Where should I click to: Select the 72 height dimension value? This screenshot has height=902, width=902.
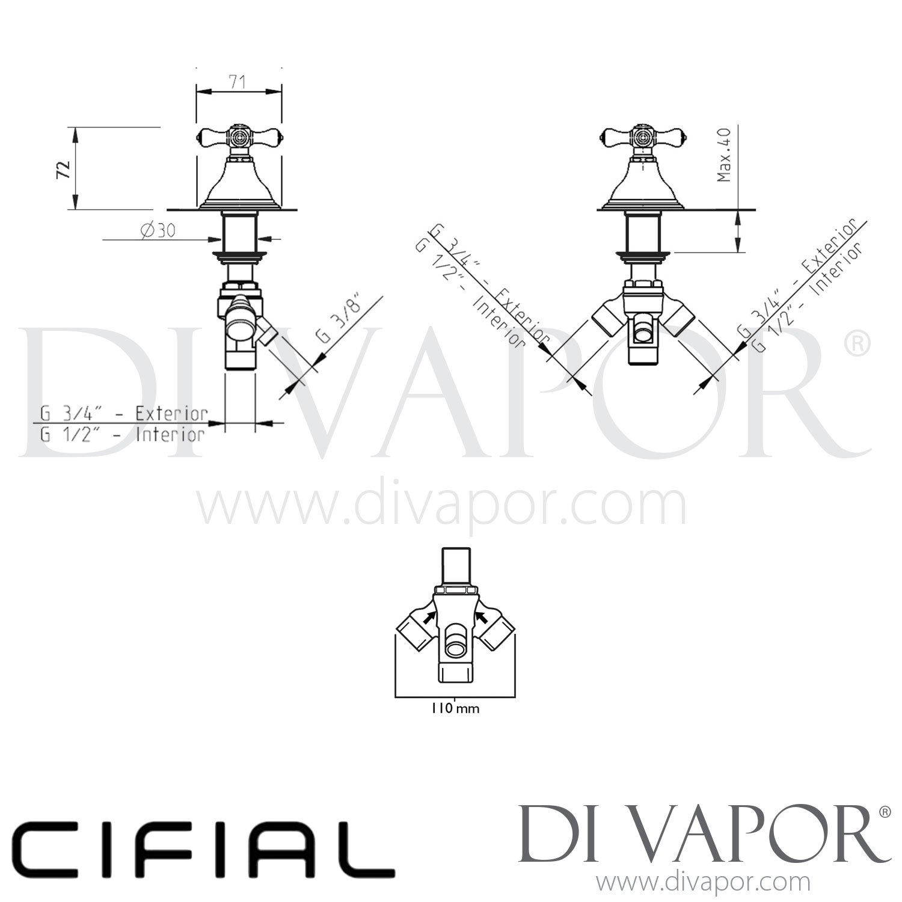(63, 169)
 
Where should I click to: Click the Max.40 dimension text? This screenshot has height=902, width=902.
(723, 155)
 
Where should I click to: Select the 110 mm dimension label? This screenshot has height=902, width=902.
(455, 708)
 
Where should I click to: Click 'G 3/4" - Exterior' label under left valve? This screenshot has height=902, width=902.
(124, 414)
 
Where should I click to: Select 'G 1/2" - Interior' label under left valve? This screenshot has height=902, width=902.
(123, 435)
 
